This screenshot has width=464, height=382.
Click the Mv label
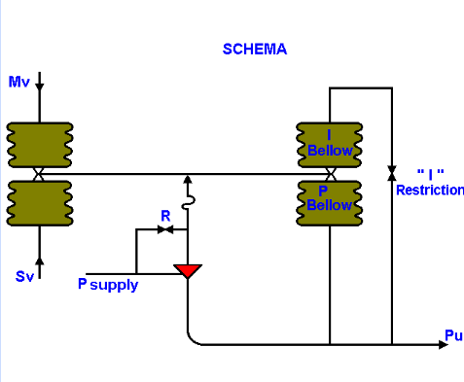(19, 82)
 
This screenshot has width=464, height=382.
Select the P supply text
(108, 285)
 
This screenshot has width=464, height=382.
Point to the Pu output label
(452, 335)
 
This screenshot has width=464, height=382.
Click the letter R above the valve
(166, 215)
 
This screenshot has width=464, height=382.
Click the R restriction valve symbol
(165, 230)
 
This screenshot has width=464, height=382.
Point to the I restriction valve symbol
(391, 172)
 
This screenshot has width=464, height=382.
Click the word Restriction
(429, 190)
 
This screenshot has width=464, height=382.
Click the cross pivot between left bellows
(39, 174)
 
